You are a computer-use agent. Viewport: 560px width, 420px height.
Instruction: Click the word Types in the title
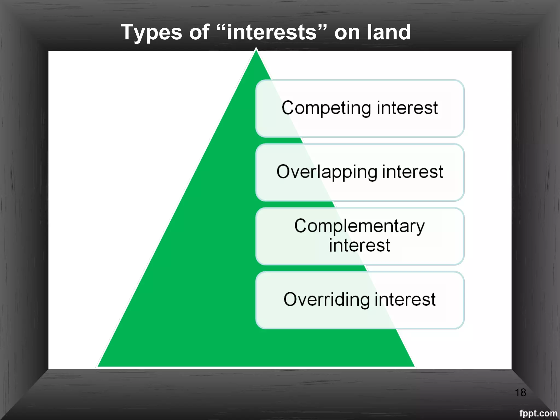[151, 32]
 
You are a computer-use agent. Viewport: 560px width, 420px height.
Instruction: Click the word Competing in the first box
[326, 108]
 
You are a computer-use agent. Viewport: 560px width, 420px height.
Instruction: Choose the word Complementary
[360, 226]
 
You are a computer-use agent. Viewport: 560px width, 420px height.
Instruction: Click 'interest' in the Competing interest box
[407, 108]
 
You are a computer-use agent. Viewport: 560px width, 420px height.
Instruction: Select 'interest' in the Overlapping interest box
[412, 172]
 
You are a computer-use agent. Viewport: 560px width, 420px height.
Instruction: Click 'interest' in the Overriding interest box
[405, 299]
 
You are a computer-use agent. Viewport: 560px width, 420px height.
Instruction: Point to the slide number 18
[520, 393]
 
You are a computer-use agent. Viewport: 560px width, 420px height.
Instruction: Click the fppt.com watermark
[538, 413]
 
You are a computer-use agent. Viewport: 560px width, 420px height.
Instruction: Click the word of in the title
[199, 32]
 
